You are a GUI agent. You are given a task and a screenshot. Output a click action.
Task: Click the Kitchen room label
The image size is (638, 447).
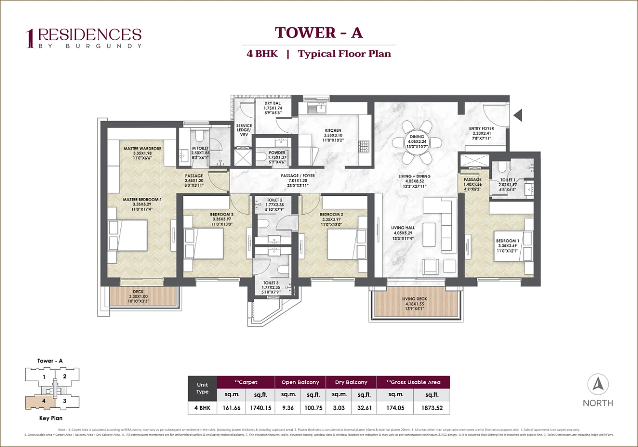coord(333,130)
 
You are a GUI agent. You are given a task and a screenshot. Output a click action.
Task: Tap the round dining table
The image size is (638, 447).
coord(416,142)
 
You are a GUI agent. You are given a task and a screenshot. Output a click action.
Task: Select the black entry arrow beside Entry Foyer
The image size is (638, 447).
coord(518,115)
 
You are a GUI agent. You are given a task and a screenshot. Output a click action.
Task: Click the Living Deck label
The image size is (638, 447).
coord(414,299)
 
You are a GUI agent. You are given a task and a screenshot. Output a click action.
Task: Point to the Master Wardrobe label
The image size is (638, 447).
coord(142,149)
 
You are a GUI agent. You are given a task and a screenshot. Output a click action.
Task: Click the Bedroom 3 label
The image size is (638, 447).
coord(222,214)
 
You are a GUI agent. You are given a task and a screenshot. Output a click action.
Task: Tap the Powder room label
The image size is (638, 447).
coord(277,153)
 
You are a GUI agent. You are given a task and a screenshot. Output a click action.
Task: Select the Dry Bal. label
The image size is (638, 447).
coord(273,103)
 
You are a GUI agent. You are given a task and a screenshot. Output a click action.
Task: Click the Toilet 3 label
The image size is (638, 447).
coord(271,283)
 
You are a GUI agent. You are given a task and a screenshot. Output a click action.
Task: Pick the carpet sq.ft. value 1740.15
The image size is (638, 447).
coord(260,408)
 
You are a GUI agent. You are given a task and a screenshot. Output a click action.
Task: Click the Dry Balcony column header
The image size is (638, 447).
coord(351,382)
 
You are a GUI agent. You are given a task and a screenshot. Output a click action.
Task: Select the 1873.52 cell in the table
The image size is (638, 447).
coord(432,408)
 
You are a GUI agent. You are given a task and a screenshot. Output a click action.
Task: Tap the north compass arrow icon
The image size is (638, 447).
coord(598,384)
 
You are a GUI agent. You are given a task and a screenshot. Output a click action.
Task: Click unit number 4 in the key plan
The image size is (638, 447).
coord(44,401)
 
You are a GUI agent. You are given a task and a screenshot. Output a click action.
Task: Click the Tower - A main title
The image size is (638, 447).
coord(319,33)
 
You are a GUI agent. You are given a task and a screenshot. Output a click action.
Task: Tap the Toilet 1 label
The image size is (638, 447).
coord(508,180)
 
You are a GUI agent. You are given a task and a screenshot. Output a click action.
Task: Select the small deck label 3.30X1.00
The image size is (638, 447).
coord(138,296)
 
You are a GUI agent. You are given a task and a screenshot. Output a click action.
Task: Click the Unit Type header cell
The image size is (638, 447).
coord(202,388)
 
